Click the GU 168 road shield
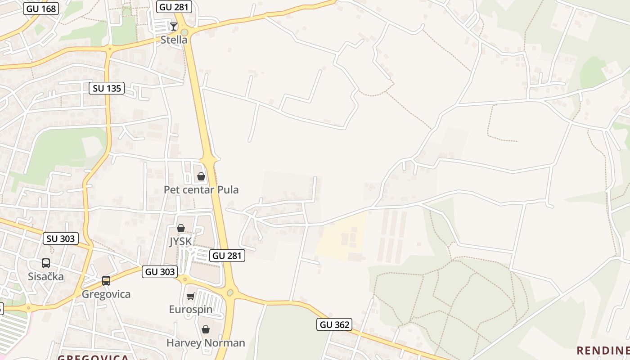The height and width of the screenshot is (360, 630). point(41,8)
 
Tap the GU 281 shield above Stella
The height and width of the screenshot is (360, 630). point(174,6)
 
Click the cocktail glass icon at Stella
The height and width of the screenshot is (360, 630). point(174,26)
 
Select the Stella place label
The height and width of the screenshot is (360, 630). point(174,40)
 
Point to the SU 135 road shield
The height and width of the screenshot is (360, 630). point(107,88)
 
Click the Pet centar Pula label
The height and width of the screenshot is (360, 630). point(201,189)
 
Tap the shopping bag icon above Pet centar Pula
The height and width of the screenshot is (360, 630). point(201,176)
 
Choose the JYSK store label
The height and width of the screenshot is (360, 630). point(180,242)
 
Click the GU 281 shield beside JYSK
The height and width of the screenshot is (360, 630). point(227,256)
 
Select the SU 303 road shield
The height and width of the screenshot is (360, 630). point(61,238)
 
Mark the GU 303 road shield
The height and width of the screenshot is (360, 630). point(160,271)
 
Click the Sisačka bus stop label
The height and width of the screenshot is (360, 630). point(46,276)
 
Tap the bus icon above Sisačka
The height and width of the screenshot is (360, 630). point(46,263)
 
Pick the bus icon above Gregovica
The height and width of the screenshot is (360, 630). point(106,281)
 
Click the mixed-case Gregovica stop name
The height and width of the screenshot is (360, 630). point(106,294)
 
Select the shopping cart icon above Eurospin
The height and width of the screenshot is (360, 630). point(191,296)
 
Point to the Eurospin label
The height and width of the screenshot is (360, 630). point(191,309)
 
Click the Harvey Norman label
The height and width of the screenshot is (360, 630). point(206,343)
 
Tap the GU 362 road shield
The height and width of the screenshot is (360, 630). point(334,324)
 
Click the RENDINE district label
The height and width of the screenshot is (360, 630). point(603,350)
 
